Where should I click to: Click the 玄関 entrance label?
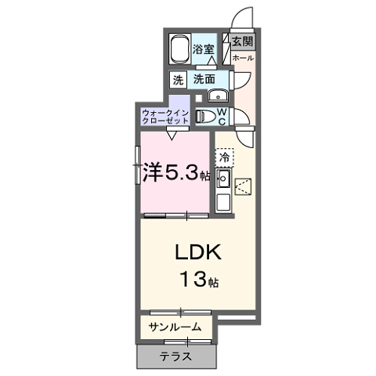click(243, 42)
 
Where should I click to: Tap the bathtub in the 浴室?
click(179, 49)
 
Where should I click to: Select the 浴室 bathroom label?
click(204, 49)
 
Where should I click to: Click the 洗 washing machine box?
click(178, 80)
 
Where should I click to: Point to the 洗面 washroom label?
click(204, 79)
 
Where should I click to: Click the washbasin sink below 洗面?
click(218, 96)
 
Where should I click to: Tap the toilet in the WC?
click(205, 116)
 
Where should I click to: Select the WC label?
click(222, 117)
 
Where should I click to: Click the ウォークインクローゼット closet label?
click(165, 117)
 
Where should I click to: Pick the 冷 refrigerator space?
click(224, 157)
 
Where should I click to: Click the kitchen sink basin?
click(223, 179)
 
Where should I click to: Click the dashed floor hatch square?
click(243, 186)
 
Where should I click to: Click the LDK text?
click(198, 252)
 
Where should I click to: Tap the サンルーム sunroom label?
click(175, 327)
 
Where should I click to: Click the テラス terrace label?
click(175, 356)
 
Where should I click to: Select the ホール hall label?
click(243, 58)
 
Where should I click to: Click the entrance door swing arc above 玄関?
click(236, 15)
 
